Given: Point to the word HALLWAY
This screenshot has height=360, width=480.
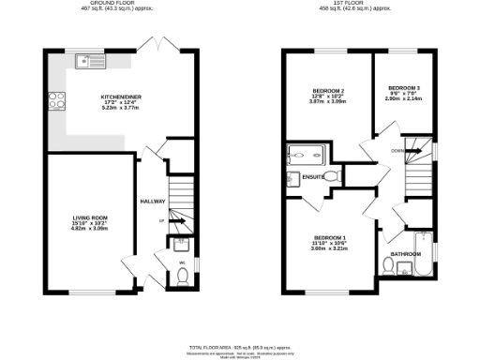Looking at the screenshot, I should [x=153, y=202].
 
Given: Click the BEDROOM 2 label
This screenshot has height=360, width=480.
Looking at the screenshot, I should [x=329, y=90].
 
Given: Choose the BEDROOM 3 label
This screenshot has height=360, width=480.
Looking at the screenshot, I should [x=404, y=88].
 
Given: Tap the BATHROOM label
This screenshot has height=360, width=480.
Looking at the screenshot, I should [x=406, y=254].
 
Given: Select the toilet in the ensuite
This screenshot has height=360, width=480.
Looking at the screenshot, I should [x=292, y=179].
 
